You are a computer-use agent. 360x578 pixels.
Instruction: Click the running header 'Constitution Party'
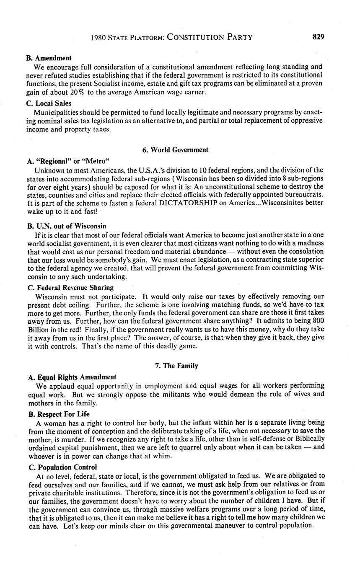(210, 37)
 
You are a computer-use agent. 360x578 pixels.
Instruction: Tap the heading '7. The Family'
(175, 366)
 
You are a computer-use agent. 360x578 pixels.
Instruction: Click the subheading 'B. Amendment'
(49, 58)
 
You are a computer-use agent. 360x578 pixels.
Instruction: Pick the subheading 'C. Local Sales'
(49, 103)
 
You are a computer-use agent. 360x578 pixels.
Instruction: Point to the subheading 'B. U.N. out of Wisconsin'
(67, 226)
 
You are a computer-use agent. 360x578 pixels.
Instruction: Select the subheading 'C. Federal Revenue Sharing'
(70, 287)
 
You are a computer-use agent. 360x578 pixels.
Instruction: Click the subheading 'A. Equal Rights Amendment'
(72, 377)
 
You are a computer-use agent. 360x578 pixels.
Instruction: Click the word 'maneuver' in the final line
(222, 525)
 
